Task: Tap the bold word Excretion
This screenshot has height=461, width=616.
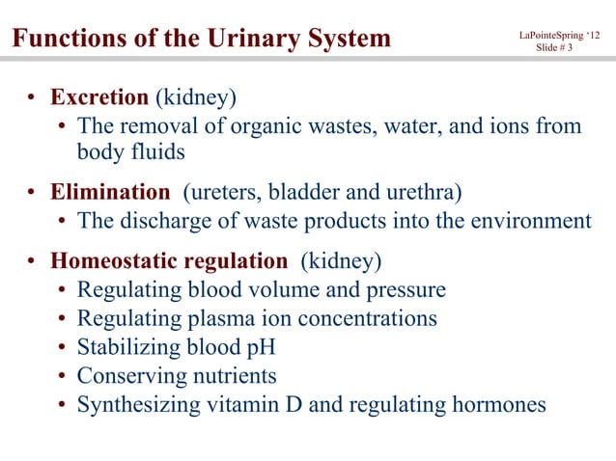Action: coord(99,98)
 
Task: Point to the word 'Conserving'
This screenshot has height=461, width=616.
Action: coord(127,376)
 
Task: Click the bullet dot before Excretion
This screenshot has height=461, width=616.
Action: coord(32,99)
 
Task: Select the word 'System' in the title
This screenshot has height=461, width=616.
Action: coord(348,40)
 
